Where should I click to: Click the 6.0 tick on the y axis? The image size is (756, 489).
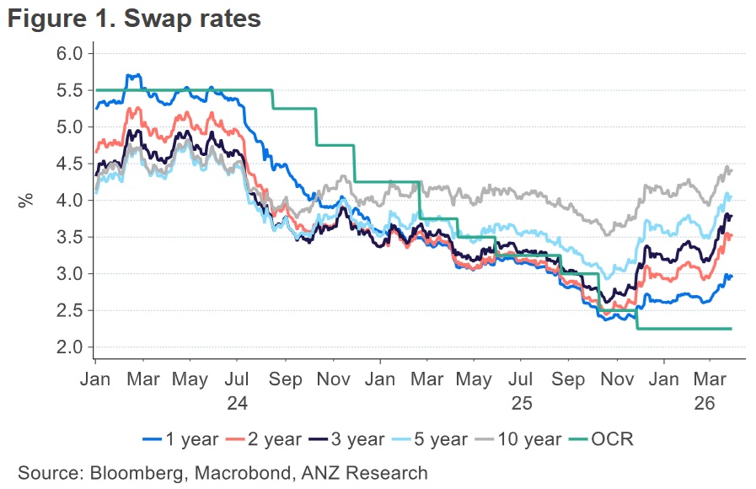[71, 53]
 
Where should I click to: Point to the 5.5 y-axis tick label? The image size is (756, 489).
[71, 90]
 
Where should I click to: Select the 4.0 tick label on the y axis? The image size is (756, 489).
[71, 201]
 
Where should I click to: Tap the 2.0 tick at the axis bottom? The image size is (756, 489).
[71, 347]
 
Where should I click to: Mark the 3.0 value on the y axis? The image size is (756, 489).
[71, 274]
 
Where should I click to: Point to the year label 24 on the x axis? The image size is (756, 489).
[237, 403]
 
